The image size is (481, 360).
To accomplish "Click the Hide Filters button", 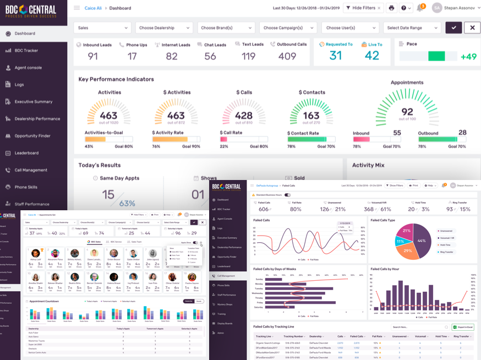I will [x=363, y=8].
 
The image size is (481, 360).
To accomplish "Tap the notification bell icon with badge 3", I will [x=420, y=8].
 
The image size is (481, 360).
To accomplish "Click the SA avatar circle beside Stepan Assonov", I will [x=437, y=8].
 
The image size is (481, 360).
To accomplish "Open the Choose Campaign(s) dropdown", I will [x=288, y=28].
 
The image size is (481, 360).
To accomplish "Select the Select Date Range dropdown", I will [x=413, y=28].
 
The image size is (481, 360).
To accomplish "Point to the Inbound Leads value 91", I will [x=93, y=56].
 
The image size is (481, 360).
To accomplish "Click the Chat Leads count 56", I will [x=210, y=56].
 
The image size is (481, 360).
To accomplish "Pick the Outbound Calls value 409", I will [x=287, y=56].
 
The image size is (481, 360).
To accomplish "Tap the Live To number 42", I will [x=372, y=56].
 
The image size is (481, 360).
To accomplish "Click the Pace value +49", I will [x=468, y=57].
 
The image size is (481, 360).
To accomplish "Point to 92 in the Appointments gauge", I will [x=407, y=112].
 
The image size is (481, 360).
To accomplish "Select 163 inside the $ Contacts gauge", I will [x=311, y=116].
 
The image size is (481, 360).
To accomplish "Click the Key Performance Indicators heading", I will [x=116, y=79].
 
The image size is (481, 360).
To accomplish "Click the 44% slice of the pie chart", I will [x=421, y=241].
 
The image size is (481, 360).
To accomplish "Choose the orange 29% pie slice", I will [x=408, y=250].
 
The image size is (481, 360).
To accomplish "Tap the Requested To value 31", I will [x=335, y=56].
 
